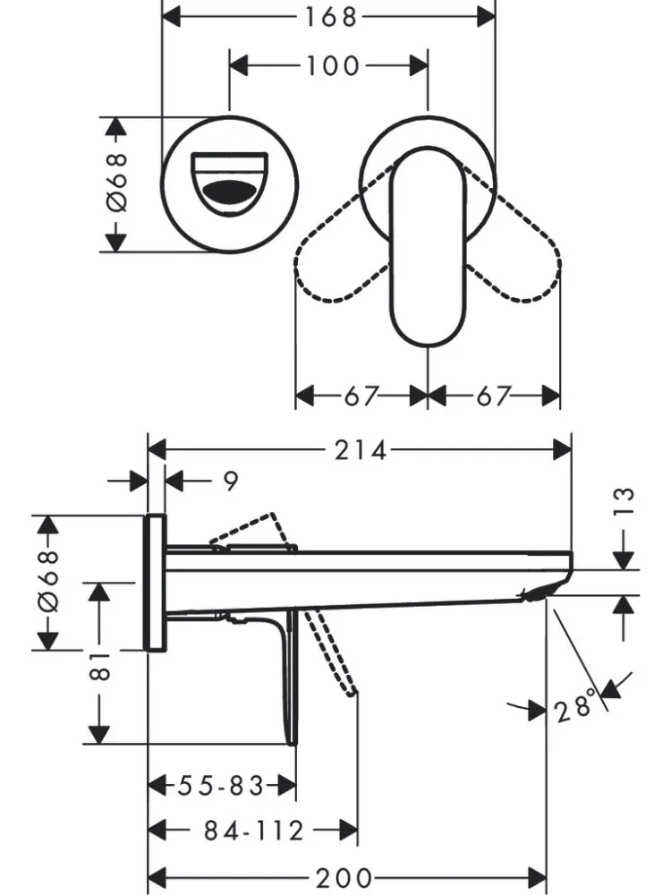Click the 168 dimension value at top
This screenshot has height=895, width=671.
pyautogui.click(x=330, y=16)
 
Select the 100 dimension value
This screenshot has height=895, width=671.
pyautogui.click(x=333, y=65)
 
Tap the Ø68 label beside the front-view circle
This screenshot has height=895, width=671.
pyautogui.click(x=116, y=183)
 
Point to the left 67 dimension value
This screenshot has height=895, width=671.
pyautogui.click(x=361, y=396)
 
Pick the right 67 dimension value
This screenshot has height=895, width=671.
pyautogui.click(x=494, y=396)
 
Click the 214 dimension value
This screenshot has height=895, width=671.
pyautogui.click(x=360, y=450)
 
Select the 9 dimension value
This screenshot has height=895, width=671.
pyautogui.click(x=230, y=482)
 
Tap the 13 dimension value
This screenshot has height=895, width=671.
pyautogui.click(x=624, y=501)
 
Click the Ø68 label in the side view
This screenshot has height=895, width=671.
pyautogui.click(x=48, y=582)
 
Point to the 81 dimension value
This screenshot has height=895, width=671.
pyautogui.click(x=100, y=666)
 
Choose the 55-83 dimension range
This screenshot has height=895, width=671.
pyautogui.click(x=221, y=786)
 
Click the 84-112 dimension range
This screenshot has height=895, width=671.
pyautogui.click(x=254, y=831)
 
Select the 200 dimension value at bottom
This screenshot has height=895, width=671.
pyautogui.click(x=344, y=877)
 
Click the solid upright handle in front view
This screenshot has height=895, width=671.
pyautogui.click(x=428, y=247)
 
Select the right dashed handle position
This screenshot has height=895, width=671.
pyautogui.click(x=514, y=245)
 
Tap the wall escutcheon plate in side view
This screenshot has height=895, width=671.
pyautogui.click(x=155, y=583)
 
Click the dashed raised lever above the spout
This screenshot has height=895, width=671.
pyautogui.click(x=251, y=531)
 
